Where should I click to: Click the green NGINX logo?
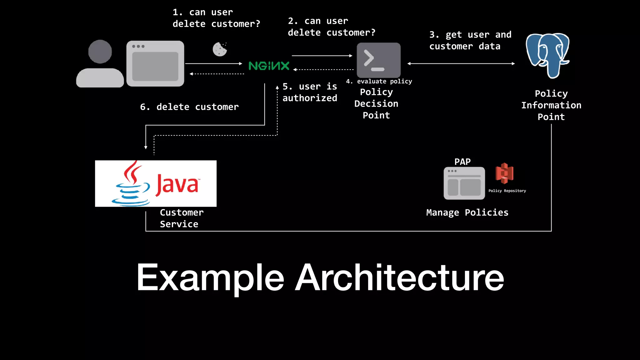click(269, 66)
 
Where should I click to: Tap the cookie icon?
click(220, 49)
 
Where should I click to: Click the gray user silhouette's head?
click(100, 52)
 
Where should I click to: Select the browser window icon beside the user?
click(155, 63)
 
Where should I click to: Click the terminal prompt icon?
click(378, 60)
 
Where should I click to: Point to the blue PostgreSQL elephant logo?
click(547, 55)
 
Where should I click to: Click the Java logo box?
click(156, 183)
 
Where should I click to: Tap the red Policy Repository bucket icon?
click(504, 173)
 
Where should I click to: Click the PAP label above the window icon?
click(462, 162)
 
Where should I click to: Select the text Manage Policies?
click(467, 212)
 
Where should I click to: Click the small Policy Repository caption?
click(507, 191)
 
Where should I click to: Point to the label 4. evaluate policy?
click(379, 81)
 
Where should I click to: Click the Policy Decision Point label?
click(376, 103)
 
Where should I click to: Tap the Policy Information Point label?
click(551, 105)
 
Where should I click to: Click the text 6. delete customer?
click(189, 107)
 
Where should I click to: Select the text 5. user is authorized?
click(310, 92)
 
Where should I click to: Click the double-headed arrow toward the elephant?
click(461, 63)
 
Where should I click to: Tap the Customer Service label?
click(181, 218)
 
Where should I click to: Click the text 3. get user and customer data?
click(470, 40)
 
